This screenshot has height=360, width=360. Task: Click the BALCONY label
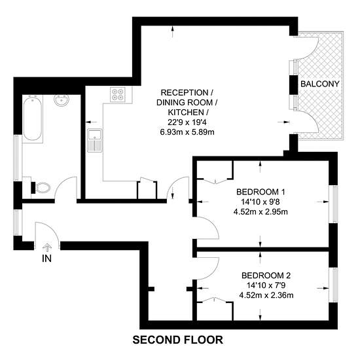coord(319,84)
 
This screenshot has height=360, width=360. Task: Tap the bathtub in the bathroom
coord(33,118)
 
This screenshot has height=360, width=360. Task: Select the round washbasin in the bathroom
coord(62,100)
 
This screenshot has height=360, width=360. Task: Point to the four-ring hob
coord(118,94)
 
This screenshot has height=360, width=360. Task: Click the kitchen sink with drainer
coord(95,140)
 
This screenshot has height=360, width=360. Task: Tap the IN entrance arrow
coord(47,247)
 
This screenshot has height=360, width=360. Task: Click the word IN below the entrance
coord(46,259)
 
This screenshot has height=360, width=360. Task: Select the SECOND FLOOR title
coord(177,340)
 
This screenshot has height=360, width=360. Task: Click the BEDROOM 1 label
coord(261,192)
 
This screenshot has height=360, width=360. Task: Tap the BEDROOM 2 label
coord(266,275)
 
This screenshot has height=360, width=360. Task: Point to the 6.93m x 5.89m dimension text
coord(187,132)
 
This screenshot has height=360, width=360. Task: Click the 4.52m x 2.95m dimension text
coord(261,211)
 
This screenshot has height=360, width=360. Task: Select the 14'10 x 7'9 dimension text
coord(266,285)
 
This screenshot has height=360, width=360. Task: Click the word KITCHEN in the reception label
coord(186,113)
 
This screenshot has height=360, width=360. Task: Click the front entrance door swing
coord(54,230)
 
